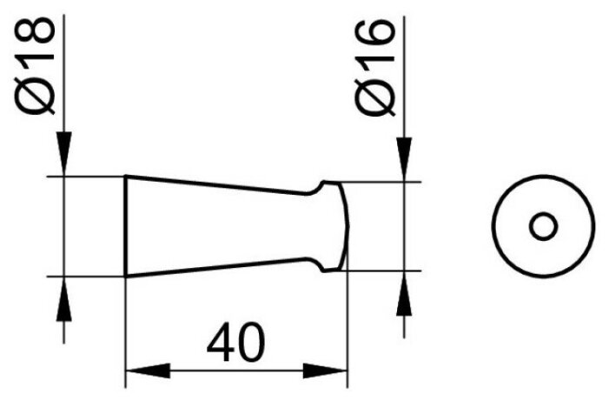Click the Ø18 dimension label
(35, 65)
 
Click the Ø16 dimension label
(374, 68)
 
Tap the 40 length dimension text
(235, 342)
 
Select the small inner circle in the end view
(543, 226)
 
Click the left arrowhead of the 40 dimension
(148, 371)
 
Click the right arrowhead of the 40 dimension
(325, 371)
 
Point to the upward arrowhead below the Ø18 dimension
(64, 298)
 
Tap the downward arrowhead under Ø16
(404, 159)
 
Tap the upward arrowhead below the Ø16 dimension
(404, 293)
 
